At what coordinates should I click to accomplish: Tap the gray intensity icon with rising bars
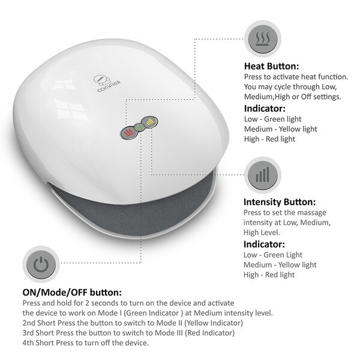(x=262, y=175)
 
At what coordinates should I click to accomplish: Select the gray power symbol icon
(x=40, y=265)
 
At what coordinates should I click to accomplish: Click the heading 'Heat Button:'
(x=271, y=67)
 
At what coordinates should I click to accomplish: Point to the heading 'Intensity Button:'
(x=280, y=202)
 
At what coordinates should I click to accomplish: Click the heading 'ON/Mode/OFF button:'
(x=72, y=293)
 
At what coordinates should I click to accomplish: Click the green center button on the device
(x=138, y=127)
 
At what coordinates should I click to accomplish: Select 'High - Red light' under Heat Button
(x=270, y=139)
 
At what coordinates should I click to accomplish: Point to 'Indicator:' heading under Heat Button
(x=265, y=109)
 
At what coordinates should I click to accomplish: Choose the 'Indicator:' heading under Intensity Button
(x=265, y=244)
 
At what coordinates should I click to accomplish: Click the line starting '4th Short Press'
(x=85, y=343)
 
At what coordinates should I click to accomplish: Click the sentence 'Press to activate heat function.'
(x=296, y=77)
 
